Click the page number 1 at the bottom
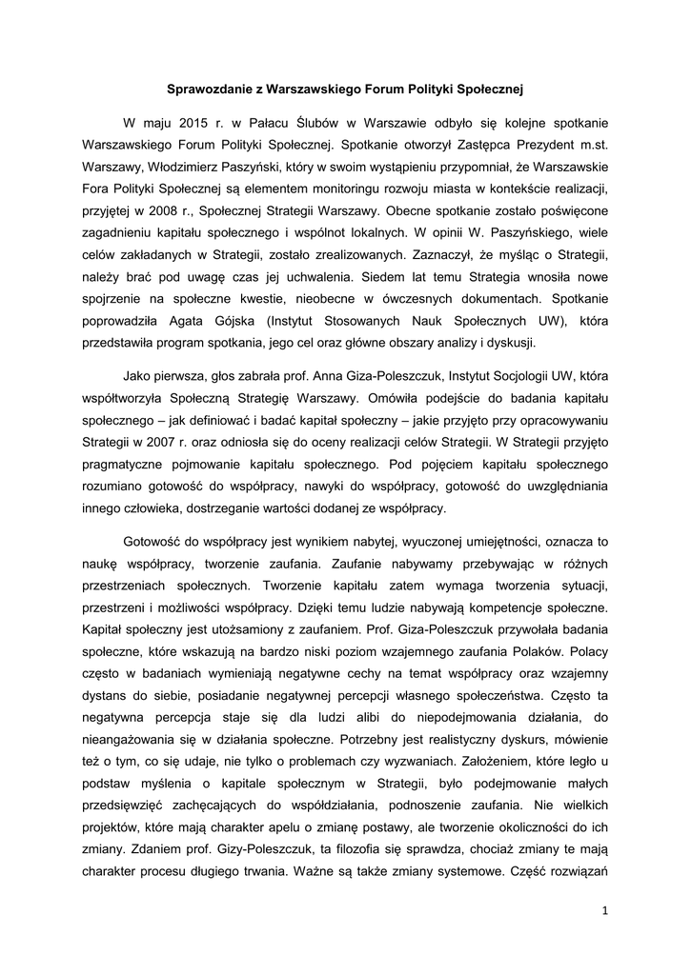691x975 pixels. pos(604,911)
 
